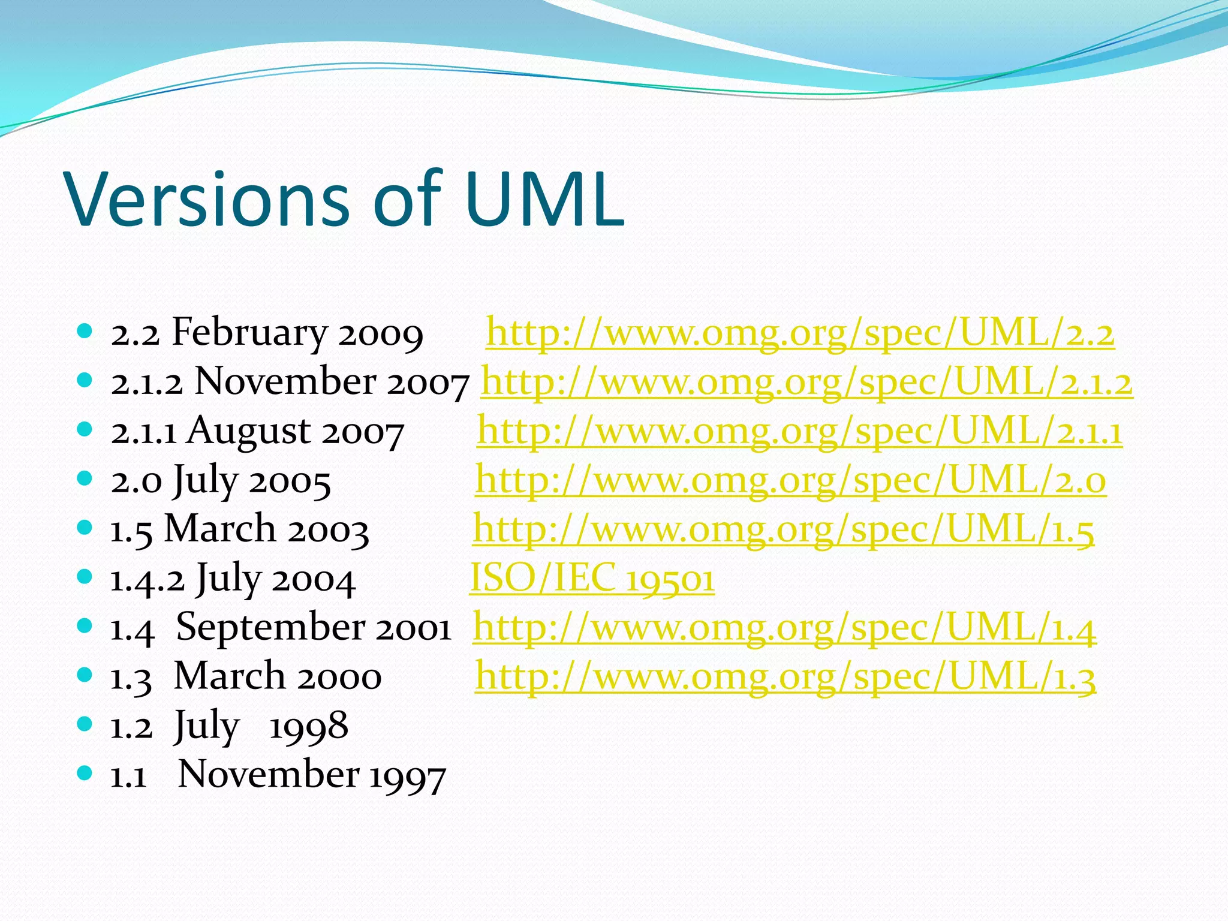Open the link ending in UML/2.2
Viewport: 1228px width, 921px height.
(800, 333)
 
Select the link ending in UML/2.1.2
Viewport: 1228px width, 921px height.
(806, 382)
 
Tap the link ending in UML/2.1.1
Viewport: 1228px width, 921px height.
(799, 431)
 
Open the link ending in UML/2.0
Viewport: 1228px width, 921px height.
(790, 480)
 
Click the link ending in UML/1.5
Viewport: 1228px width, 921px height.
(783, 529)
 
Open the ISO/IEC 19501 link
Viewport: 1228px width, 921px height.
(592, 579)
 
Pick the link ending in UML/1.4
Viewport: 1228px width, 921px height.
(784, 628)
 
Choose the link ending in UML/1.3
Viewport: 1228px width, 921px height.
(785, 677)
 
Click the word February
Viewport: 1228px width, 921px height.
(249, 333)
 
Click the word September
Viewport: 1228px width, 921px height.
(270, 628)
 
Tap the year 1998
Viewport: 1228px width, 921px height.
(309, 726)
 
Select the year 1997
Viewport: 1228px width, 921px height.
(407, 775)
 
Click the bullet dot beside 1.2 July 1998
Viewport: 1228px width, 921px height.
(85, 724)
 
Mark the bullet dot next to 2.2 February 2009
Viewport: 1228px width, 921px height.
(85, 330)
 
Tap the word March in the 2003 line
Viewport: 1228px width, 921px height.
(220, 529)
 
